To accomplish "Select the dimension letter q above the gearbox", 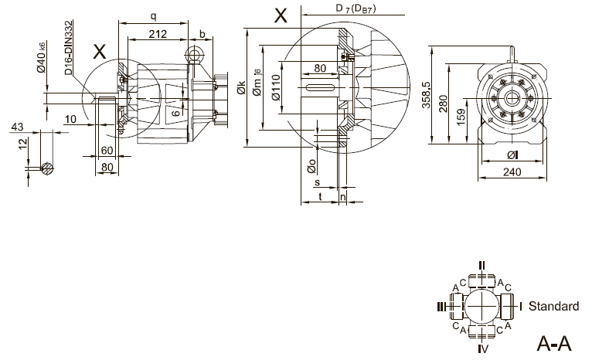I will [154, 15].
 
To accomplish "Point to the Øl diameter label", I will [512, 155].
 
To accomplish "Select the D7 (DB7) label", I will [356, 8].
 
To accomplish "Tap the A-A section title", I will [553, 342].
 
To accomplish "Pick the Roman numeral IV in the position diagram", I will [482, 350].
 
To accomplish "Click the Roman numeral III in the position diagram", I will [441, 307].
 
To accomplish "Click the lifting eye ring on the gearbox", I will [193, 54].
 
